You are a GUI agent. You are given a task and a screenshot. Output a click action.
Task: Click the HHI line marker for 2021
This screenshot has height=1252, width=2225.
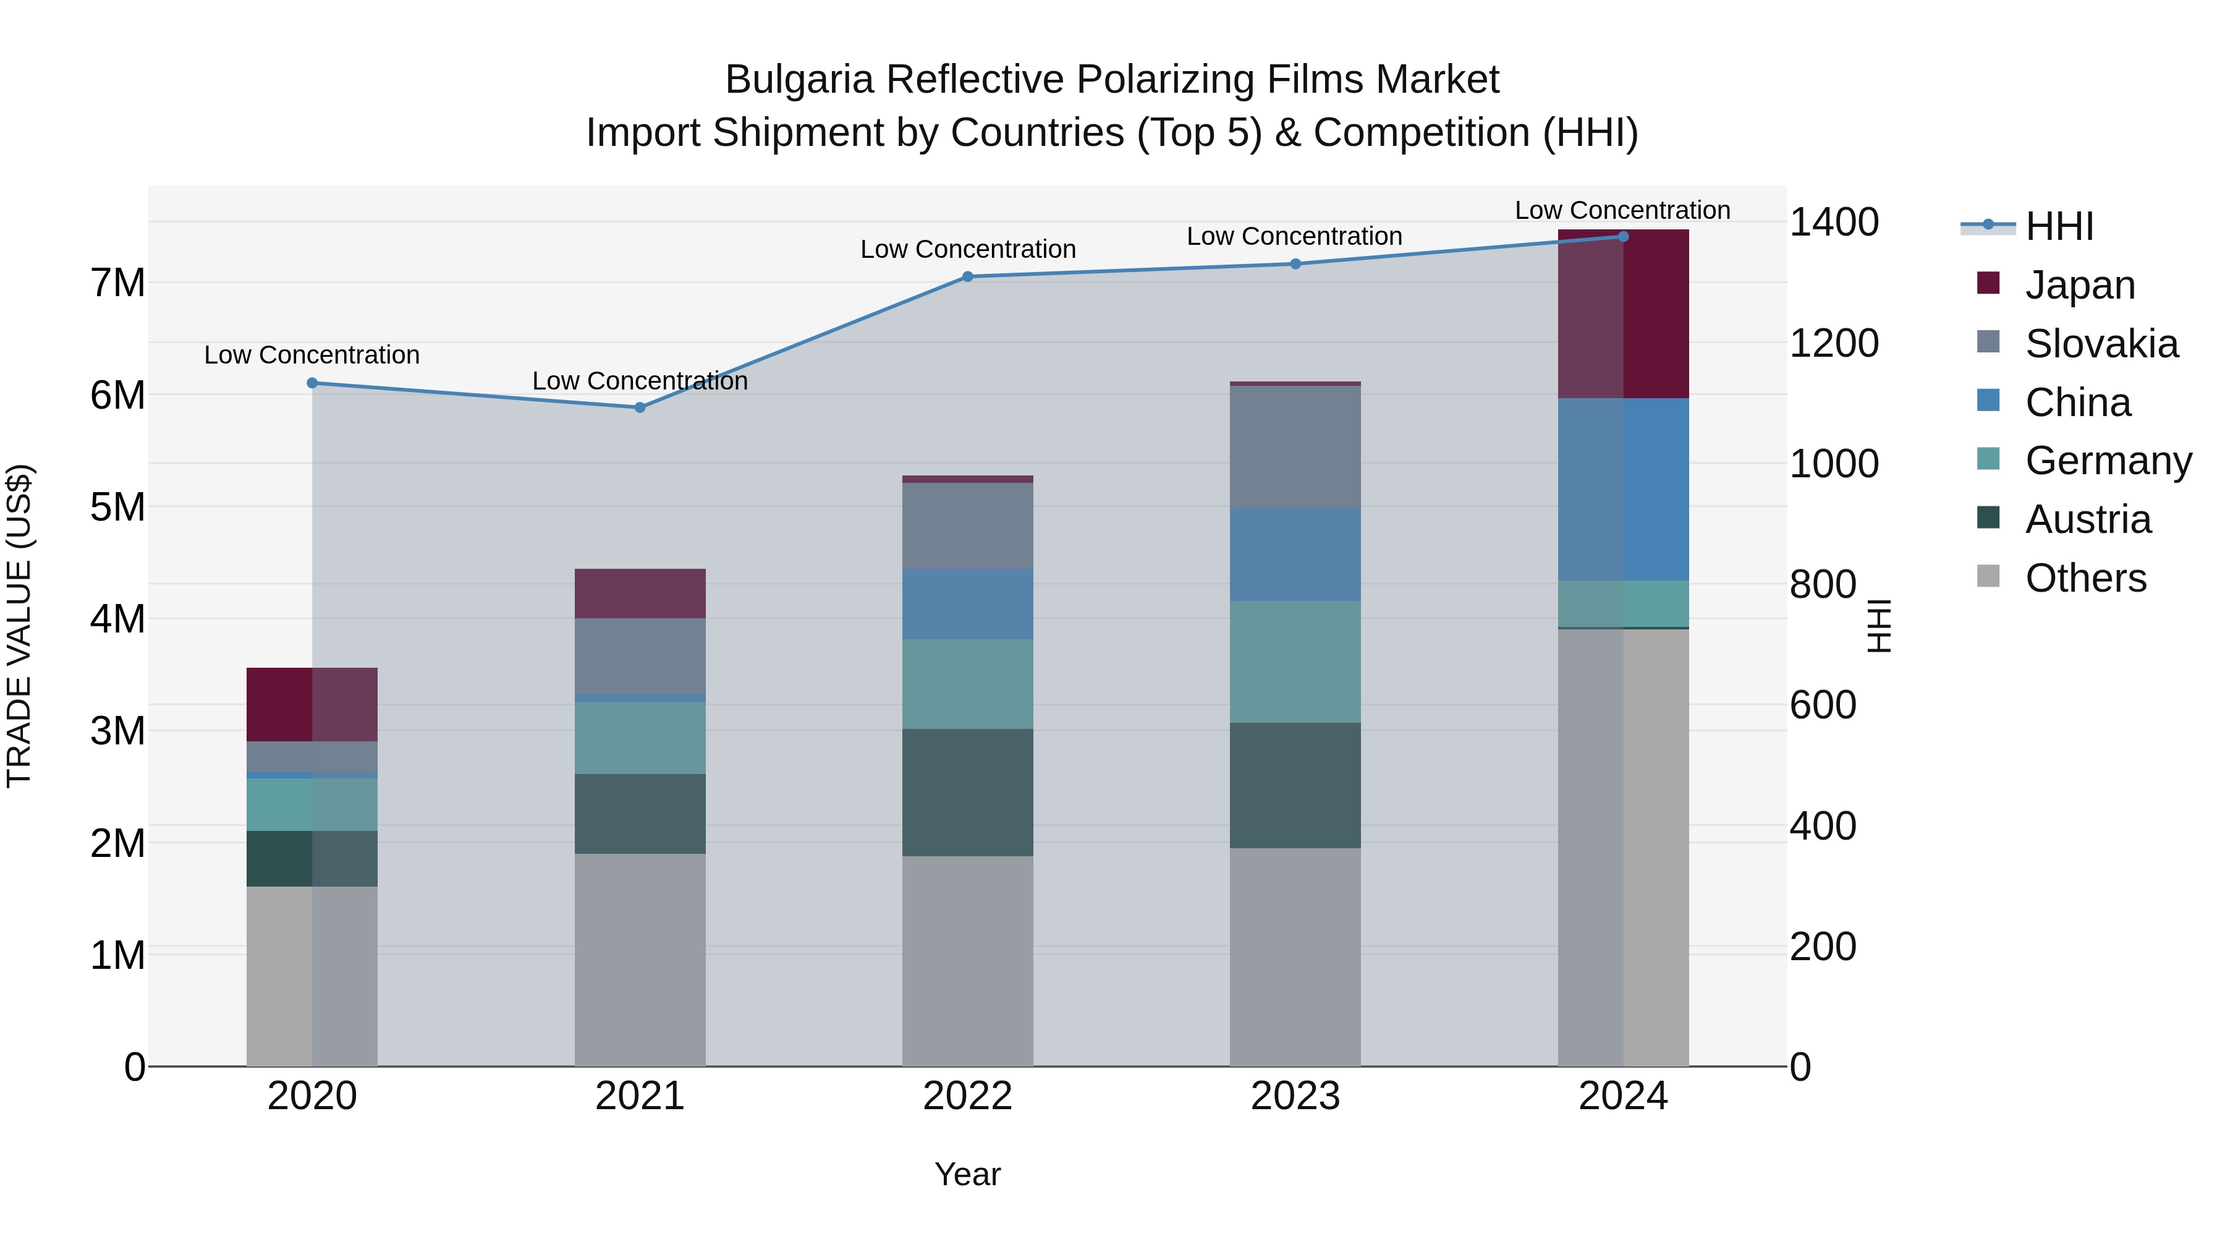640,407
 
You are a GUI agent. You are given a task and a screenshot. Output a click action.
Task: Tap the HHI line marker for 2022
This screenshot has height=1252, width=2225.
967,276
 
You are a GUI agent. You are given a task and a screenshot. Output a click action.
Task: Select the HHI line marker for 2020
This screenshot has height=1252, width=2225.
313,383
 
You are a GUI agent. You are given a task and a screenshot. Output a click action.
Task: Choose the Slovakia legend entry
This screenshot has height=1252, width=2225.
2101,344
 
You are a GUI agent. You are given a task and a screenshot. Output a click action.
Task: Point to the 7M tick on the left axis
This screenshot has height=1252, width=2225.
117,283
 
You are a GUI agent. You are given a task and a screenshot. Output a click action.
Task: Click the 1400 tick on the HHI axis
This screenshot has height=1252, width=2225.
1833,222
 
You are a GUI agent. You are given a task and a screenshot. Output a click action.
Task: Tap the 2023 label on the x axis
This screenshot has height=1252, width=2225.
1295,1096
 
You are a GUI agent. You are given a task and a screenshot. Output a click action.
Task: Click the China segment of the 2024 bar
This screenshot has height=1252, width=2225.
1623,489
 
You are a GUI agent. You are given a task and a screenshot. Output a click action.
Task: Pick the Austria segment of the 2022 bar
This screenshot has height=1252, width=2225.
967,793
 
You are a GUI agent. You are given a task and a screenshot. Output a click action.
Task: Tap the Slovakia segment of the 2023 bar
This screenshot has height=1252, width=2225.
1295,447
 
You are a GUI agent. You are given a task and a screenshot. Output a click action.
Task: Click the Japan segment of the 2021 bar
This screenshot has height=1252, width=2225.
640,594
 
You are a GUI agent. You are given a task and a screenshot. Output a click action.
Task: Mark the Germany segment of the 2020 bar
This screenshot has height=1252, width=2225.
313,804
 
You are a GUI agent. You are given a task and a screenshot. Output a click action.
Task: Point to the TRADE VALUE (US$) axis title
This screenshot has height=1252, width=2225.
20,626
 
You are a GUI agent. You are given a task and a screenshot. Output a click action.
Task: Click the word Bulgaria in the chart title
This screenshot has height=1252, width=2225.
799,80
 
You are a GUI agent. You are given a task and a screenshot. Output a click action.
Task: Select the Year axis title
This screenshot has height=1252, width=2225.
967,1174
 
